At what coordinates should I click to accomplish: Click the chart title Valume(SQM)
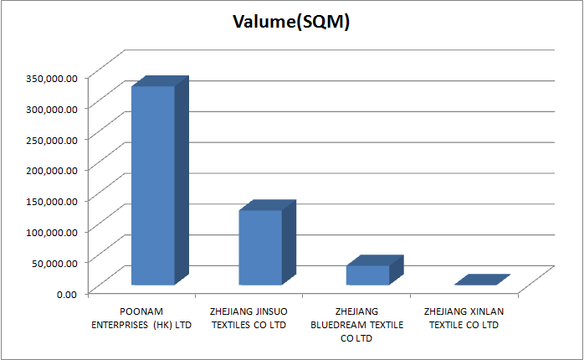click(291, 23)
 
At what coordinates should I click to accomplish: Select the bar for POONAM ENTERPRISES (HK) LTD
click(152, 184)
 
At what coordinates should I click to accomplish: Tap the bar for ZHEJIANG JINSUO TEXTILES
click(260, 247)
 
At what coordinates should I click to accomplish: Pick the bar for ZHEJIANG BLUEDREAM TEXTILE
click(368, 274)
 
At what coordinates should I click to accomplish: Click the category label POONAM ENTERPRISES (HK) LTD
click(141, 318)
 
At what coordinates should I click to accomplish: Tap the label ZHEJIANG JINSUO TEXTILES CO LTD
click(249, 318)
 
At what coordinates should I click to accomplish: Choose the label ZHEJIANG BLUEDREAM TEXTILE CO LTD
click(357, 325)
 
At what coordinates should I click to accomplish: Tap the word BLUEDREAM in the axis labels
click(344, 325)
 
